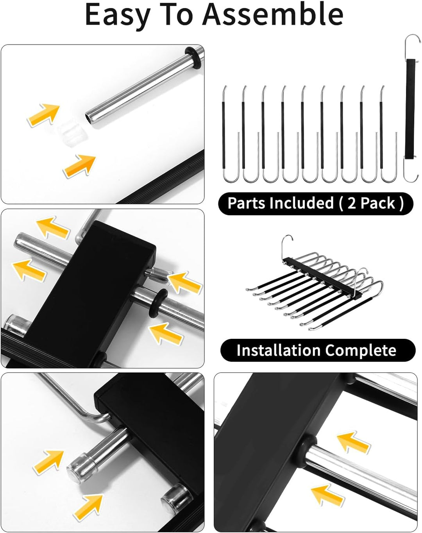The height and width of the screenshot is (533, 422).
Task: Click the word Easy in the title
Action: pos(118,15)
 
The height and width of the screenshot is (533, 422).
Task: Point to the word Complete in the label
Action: pos(361,351)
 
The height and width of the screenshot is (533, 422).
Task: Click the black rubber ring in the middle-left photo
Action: pos(158,303)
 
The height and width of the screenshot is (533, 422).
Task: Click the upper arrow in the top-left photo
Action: pos(44,115)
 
